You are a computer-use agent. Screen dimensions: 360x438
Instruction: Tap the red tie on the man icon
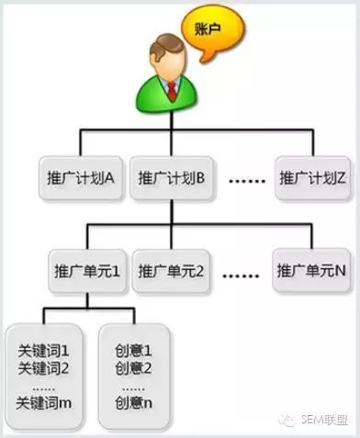click(x=173, y=90)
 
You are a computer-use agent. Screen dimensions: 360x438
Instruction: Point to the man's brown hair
click(x=165, y=46)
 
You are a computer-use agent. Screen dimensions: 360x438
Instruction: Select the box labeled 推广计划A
click(x=81, y=178)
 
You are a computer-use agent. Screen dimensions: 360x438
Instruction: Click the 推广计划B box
click(x=172, y=178)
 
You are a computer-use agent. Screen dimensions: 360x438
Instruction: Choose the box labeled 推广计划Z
click(x=312, y=178)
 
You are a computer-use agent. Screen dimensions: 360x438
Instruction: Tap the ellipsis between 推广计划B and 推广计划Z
click(x=247, y=181)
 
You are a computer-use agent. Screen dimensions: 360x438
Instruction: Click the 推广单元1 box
click(x=87, y=271)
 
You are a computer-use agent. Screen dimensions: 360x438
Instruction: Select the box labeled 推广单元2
click(x=171, y=271)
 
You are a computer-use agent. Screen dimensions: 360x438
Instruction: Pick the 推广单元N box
click(x=311, y=271)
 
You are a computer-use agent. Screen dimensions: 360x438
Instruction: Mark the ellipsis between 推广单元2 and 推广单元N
click(x=241, y=275)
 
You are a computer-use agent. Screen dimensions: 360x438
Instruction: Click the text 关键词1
click(x=43, y=351)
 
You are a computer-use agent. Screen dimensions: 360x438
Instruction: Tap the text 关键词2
click(x=43, y=368)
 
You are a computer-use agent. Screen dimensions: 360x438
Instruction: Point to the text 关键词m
click(x=44, y=403)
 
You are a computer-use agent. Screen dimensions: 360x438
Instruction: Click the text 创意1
click(x=133, y=351)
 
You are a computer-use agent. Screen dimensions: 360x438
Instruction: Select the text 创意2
click(x=133, y=368)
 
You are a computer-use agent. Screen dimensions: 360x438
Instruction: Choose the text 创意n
click(x=134, y=403)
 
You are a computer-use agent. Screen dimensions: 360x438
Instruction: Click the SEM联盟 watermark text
click(x=324, y=420)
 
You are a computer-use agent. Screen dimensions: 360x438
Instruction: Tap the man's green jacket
click(x=167, y=94)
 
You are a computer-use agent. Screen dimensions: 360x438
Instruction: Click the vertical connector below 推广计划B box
click(x=172, y=212)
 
